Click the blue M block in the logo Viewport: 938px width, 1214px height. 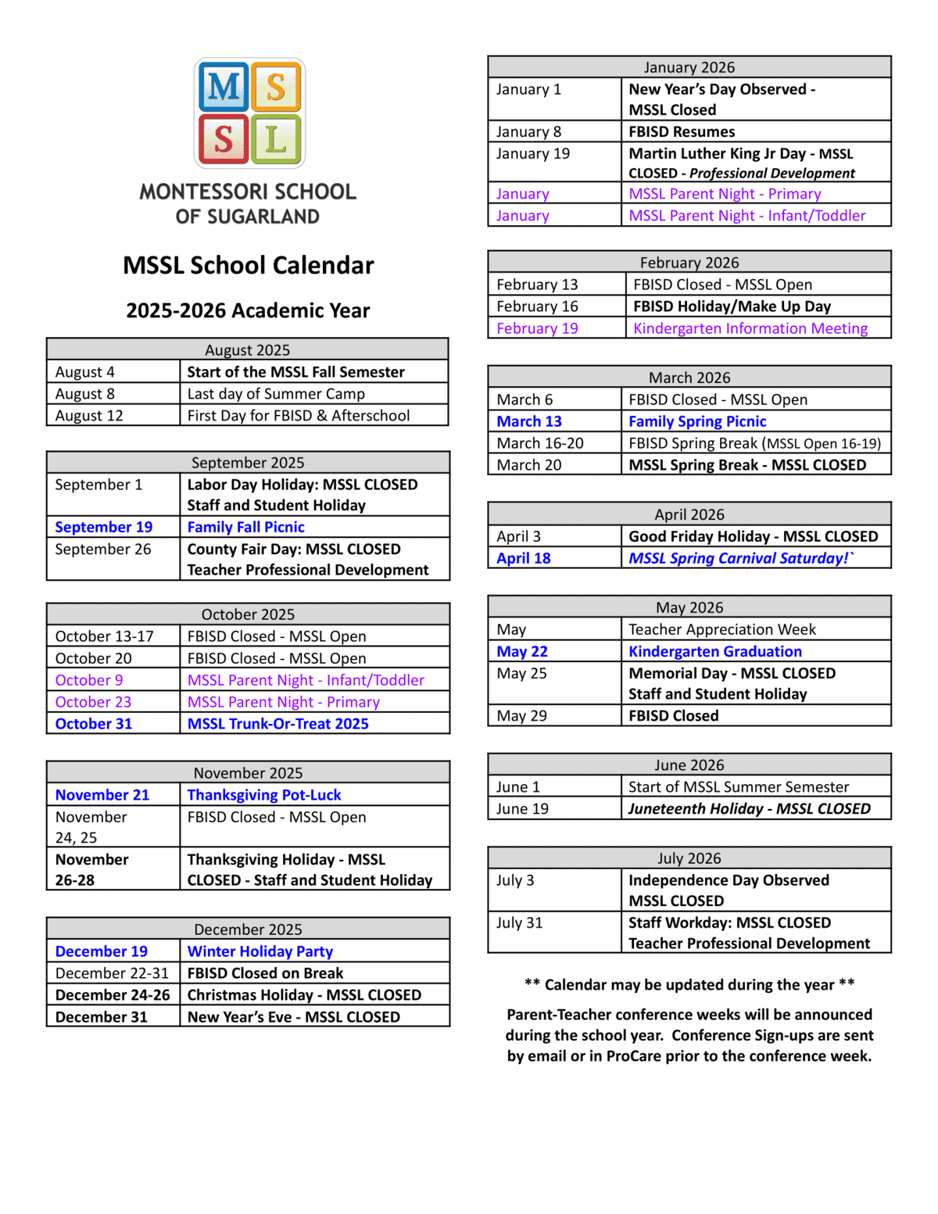[224, 87]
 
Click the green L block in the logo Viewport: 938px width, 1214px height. [275, 140]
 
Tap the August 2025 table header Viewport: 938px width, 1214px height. [247, 349]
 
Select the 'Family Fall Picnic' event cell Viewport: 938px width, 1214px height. [245, 527]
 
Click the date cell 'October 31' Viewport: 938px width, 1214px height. [94, 724]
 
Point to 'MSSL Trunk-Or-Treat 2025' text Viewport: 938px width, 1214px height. [277, 724]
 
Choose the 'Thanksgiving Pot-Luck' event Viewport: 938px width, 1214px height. [264, 795]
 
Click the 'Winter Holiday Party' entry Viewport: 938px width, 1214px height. [260, 951]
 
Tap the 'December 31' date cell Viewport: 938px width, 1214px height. [101, 1017]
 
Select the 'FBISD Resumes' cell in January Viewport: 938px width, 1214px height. [682, 131]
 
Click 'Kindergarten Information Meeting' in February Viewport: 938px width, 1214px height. [750, 328]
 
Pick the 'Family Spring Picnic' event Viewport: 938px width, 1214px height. [697, 421]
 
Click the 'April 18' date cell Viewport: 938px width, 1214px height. [524, 558]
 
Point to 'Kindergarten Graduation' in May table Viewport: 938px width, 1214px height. [715, 651]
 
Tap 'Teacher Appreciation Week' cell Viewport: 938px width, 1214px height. [721, 629]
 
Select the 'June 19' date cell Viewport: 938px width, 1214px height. [522, 809]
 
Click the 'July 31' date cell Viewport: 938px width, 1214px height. [519, 923]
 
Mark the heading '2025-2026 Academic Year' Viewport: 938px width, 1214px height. [248, 310]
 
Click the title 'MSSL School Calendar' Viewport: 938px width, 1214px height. [248, 266]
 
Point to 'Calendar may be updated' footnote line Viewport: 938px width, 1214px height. [689, 985]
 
